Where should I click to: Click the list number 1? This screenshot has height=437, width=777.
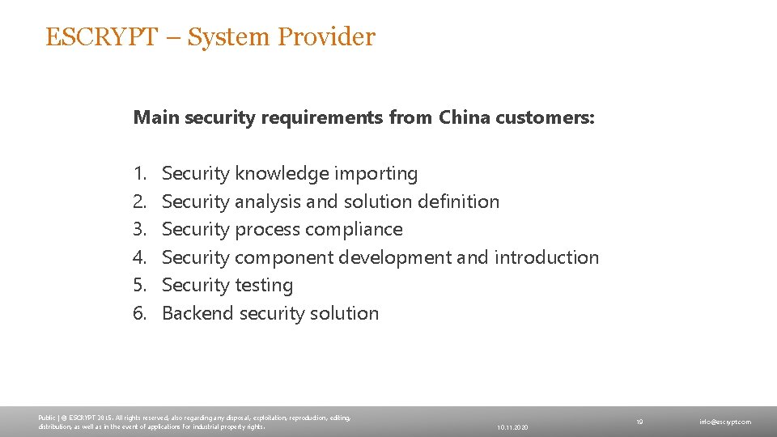pos(140,173)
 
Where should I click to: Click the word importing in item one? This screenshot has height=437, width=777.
pos(379,173)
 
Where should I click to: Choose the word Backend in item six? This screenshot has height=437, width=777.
pos(198,313)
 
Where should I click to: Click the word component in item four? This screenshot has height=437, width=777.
pos(284,257)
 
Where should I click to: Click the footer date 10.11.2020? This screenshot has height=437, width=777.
pos(512,426)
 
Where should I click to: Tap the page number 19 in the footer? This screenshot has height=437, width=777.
pos(639,422)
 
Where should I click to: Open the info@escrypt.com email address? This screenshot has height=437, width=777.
pos(725,422)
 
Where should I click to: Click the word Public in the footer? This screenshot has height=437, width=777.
pos(46,418)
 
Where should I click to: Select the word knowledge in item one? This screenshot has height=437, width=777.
pos(282,173)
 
